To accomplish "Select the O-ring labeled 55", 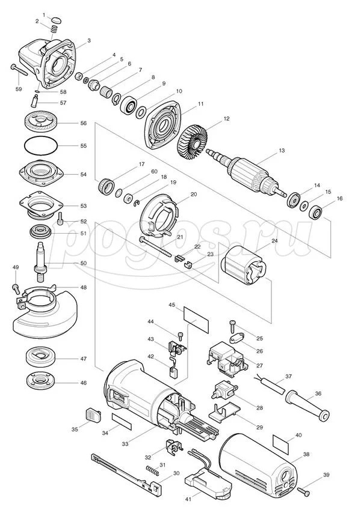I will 41,146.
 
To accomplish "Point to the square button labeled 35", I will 93,415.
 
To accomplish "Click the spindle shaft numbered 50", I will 43,258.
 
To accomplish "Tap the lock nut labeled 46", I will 41,381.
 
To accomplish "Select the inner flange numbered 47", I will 41,359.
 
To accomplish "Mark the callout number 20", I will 194,195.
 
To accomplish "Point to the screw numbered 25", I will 232,325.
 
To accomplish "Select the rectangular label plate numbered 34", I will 120,420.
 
